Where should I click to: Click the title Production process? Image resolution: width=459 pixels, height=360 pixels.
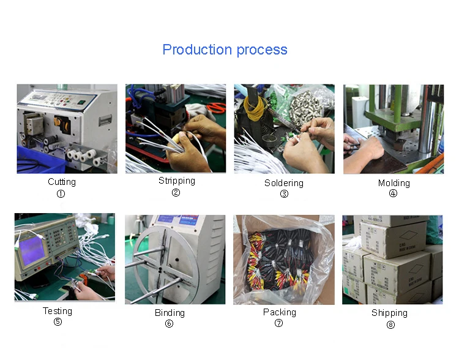[x=225, y=50]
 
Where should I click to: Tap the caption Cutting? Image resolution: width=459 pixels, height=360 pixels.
[x=62, y=182]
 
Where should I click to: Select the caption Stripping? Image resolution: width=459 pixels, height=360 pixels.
[x=177, y=181]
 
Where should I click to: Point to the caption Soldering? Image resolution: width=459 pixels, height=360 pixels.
[x=283, y=183]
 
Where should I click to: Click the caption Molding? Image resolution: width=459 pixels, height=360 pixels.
[x=394, y=183]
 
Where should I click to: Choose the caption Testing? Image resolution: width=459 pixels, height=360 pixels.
[x=58, y=311]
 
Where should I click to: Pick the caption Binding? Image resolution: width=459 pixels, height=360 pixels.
[x=170, y=313]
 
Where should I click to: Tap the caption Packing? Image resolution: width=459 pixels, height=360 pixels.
[x=280, y=312]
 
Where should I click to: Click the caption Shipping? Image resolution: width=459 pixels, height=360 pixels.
[x=389, y=313]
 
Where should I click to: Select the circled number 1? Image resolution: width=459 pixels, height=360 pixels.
[x=61, y=194]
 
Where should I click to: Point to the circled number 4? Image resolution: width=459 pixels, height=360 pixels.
[x=393, y=193]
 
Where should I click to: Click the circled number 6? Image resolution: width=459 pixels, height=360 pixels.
[x=169, y=324]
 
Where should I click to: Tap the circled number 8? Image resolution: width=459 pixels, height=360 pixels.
[x=390, y=325]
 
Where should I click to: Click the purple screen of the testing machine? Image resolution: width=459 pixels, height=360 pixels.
[x=32, y=250]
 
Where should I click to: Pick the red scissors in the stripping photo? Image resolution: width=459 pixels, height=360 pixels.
[x=217, y=108]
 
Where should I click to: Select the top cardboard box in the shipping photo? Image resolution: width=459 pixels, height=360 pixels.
[x=393, y=239]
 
